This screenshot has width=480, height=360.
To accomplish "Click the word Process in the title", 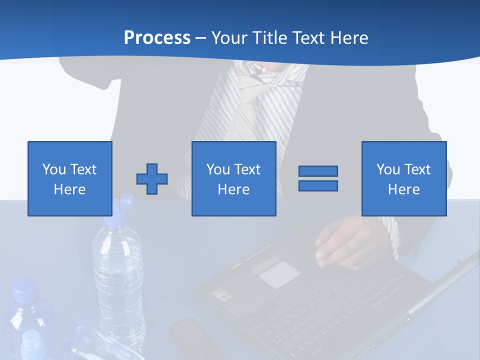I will coord(157,38).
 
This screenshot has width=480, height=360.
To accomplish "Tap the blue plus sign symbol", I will coord(152,179).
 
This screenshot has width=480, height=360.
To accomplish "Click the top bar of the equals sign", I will coord(318,171).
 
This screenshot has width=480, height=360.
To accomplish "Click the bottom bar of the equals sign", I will coord(318,186).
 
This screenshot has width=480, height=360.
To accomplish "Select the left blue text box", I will coord(70,178).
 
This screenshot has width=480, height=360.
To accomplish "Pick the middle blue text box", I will coord(233,178).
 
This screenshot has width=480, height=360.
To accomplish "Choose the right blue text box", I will coord(403,178).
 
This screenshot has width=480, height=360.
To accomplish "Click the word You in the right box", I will coord(388,169).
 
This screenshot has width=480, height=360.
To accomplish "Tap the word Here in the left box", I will coord(70,189).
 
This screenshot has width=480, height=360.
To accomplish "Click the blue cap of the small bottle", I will coord(25,290).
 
